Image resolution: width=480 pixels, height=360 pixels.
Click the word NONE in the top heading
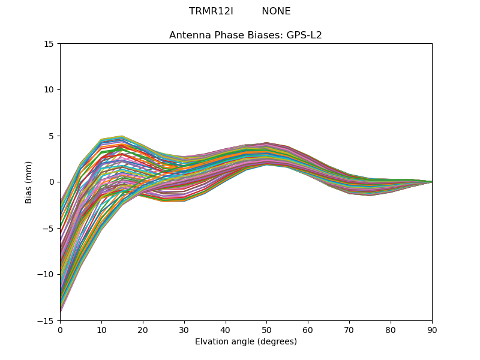276,11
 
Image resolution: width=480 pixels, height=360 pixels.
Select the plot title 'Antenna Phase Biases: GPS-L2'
245,35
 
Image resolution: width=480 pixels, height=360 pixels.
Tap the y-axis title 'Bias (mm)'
29,182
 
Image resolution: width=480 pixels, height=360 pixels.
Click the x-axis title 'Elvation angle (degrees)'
245,342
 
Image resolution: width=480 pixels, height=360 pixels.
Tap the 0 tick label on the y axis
52,182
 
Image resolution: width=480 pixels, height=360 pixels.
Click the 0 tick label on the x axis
60,329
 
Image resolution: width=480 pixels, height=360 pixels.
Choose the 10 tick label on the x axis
101,329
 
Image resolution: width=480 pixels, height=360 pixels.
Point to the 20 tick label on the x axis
143,329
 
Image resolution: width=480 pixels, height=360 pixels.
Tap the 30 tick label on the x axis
184,329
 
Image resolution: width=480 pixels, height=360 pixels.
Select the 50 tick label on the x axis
266,329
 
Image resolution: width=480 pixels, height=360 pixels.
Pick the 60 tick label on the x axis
308,329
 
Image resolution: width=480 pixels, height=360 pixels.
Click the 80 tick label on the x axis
391,329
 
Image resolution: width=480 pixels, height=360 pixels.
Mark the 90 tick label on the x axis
432,329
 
